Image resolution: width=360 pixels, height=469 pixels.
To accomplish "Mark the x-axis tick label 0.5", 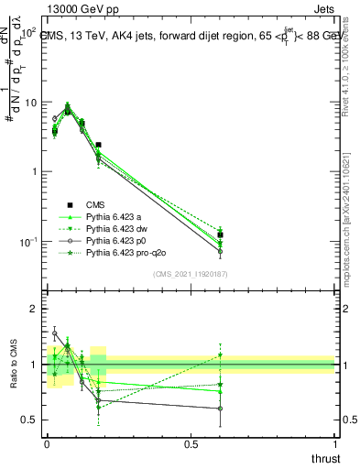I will pos(191,446).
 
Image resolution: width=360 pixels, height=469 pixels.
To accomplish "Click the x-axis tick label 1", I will pos(334,446).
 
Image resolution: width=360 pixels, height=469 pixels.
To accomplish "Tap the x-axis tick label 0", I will pos(47,446).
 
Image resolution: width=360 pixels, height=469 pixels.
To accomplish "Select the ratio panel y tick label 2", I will pos(36,310).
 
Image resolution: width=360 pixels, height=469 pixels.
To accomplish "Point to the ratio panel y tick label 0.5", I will pos(31,420).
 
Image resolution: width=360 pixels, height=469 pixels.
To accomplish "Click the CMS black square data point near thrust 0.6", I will pos(221,235).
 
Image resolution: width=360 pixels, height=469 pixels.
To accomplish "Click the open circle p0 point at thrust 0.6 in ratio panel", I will pos(221,409).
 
